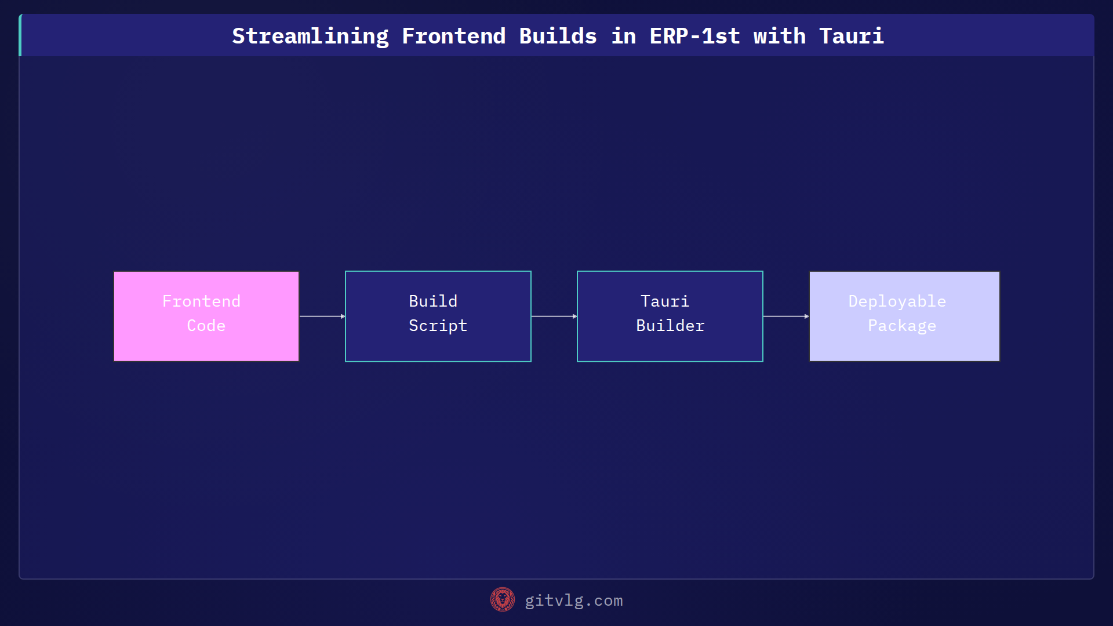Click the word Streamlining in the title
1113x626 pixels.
310,36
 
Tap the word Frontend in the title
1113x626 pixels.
453,36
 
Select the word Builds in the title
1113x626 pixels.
558,36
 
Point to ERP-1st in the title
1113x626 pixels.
694,36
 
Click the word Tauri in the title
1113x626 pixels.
851,36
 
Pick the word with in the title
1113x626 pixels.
779,36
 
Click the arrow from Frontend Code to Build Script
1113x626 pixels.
322,316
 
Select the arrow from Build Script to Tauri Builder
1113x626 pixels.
554,316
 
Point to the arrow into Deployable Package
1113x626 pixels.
786,316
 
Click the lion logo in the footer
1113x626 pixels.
502,599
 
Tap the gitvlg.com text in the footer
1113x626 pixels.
573,600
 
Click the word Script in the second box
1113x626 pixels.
438,326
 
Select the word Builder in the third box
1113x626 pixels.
670,326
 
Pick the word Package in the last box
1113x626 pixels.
902,326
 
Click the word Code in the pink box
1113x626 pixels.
206,326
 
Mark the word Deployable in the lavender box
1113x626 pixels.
897,301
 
